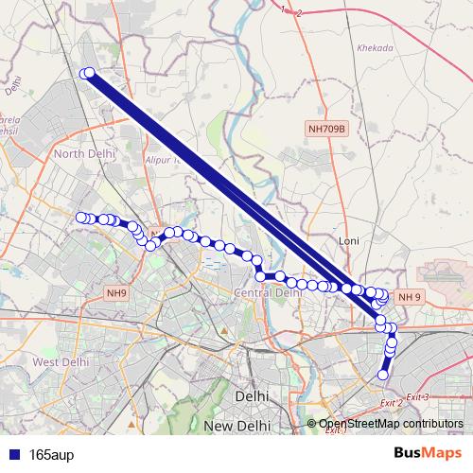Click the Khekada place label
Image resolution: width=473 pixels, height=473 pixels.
tap(375, 46)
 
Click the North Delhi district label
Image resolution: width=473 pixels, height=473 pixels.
tap(84, 153)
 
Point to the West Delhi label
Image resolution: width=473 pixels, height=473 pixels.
tap(60, 361)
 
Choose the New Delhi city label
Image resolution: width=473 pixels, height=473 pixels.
tap(246, 428)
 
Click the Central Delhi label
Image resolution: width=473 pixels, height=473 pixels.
tap(268, 293)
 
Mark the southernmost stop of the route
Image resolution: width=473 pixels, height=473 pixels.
tap(383, 375)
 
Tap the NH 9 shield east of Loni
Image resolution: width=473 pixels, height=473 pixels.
tap(409, 297)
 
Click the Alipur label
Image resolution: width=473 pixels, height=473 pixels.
tap(162, 161)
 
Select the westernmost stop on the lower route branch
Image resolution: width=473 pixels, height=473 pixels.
tap(81, 218)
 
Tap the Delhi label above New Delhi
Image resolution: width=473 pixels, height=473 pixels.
tap(251, 396)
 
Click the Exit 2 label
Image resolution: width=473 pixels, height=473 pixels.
tap(391, 404)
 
